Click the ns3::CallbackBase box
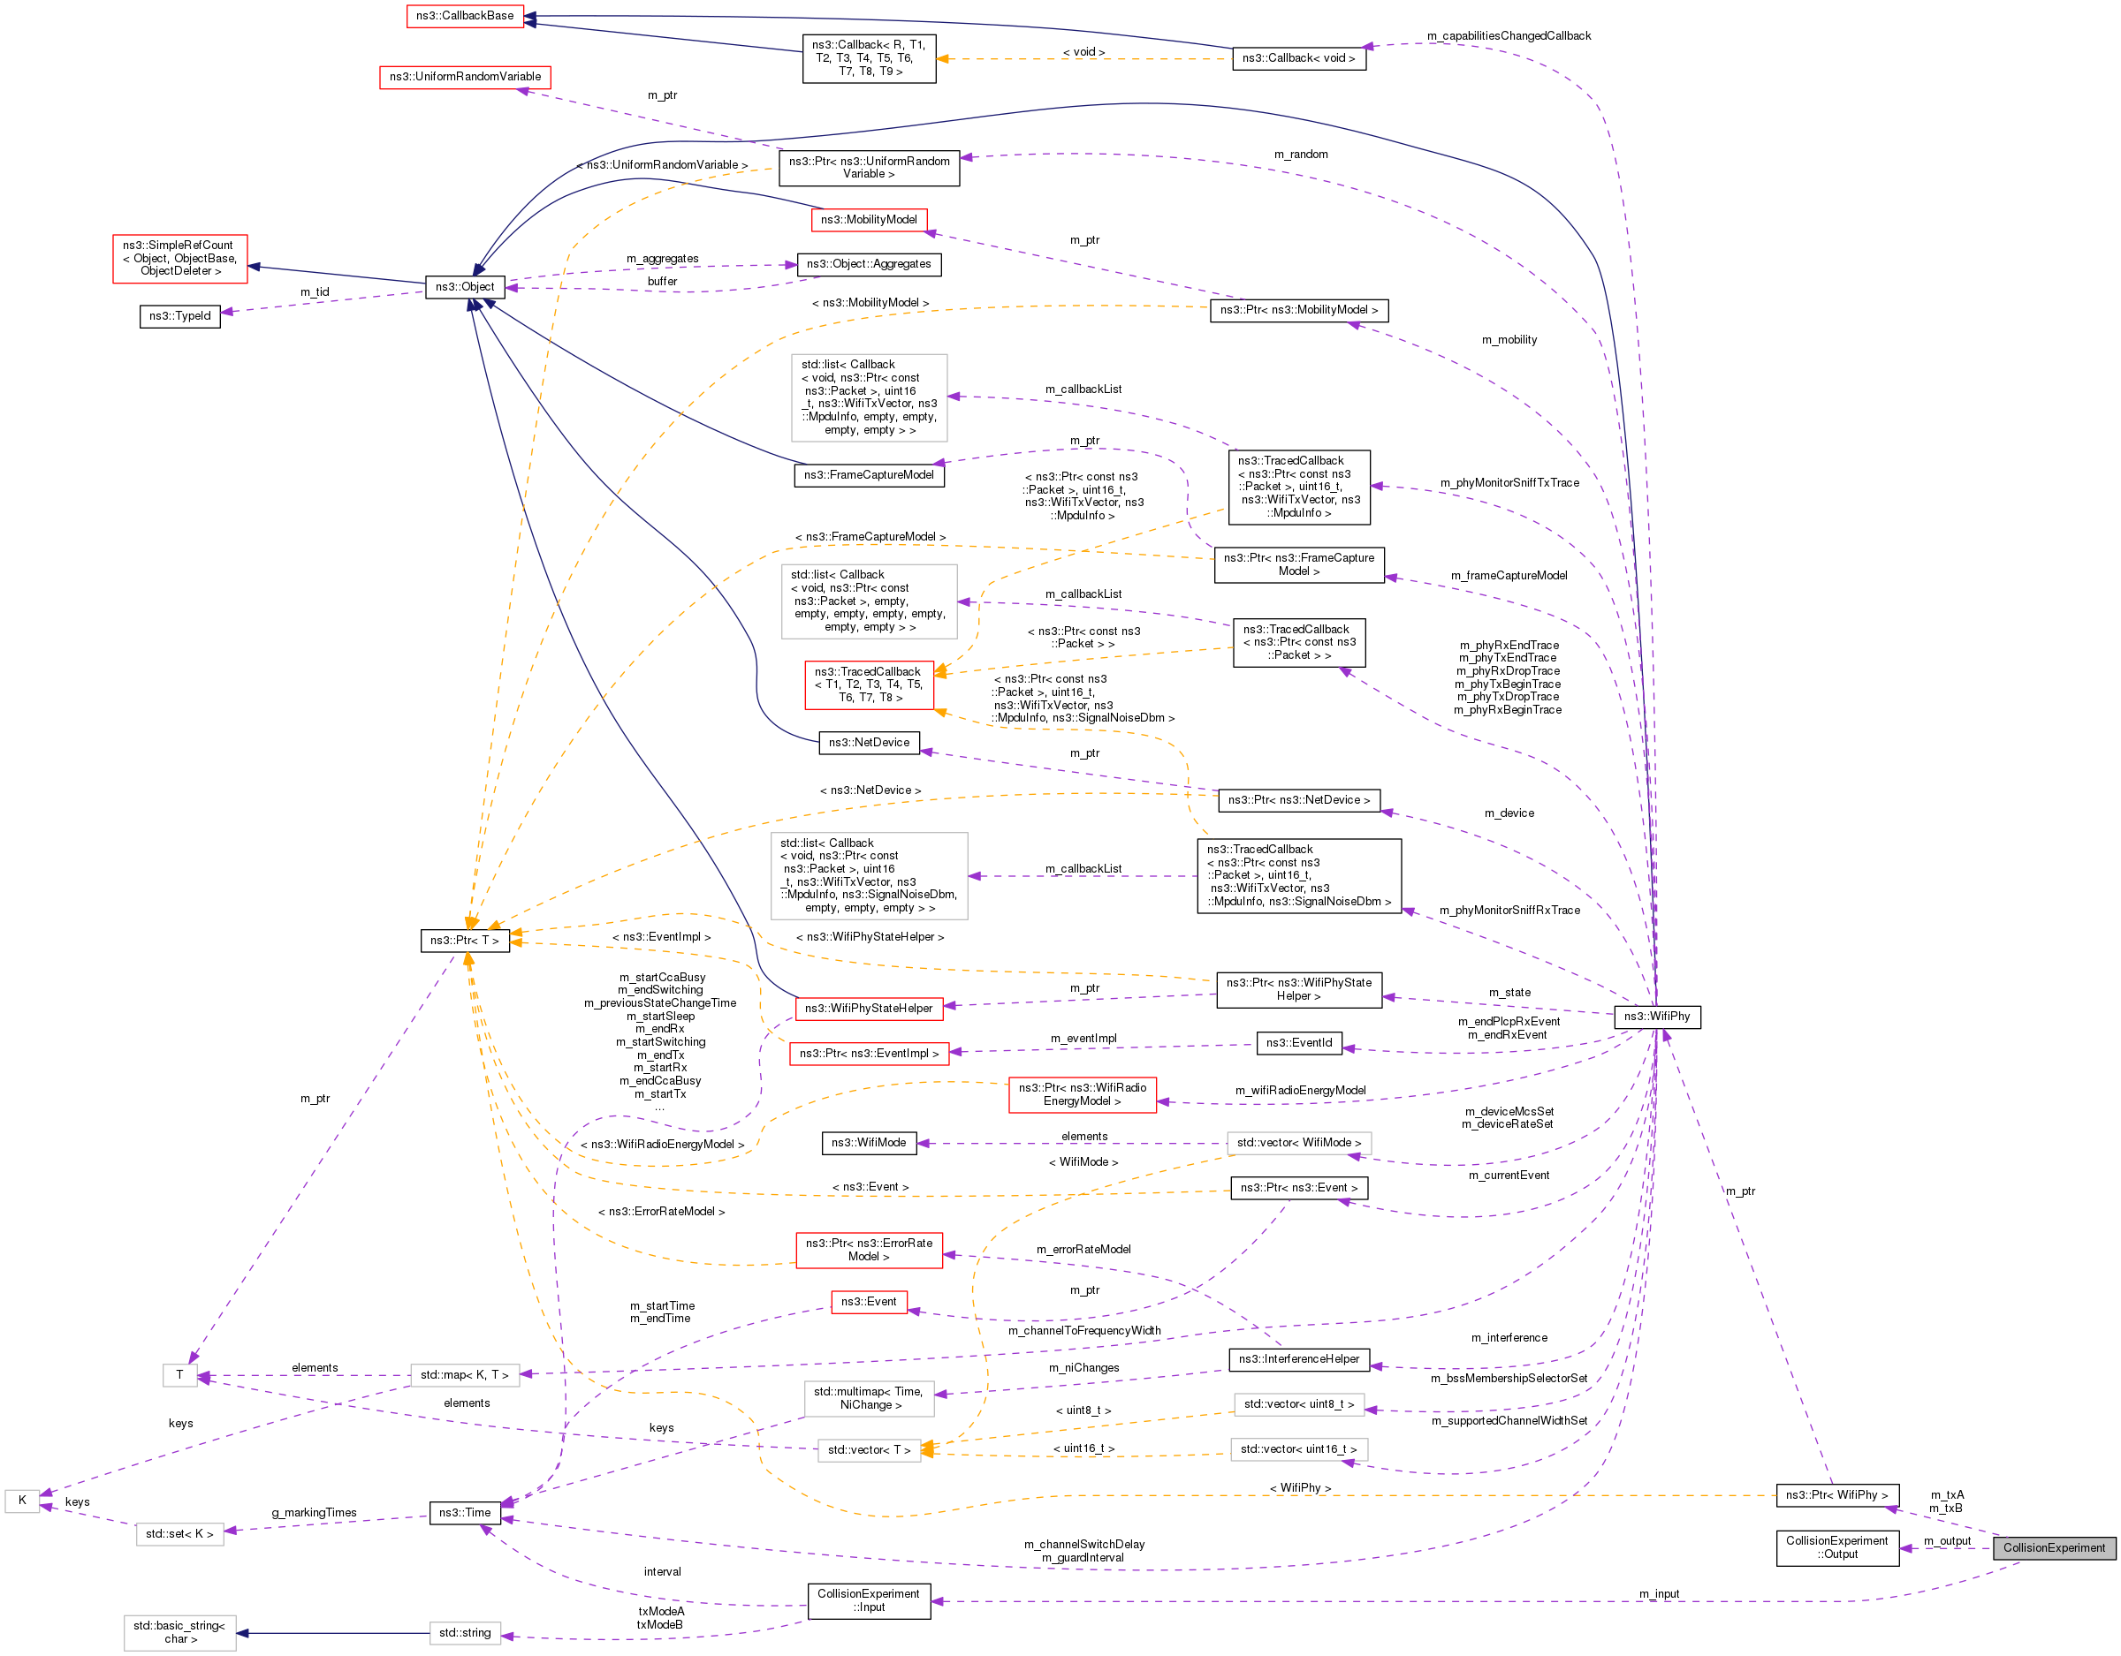464,16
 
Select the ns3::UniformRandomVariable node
465,77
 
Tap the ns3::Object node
464,286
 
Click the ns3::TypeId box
179,315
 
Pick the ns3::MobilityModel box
868,219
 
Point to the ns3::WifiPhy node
1656,1017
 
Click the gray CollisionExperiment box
2053,1547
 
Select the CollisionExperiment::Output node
1836,1547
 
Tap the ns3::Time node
464,1512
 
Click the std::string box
464,1633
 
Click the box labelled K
21,1500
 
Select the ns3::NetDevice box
868,743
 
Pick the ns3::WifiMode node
868,1143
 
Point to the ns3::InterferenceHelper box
1298,1359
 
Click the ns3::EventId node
1298,1042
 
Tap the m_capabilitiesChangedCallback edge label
1509,36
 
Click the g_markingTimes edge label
314,1512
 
